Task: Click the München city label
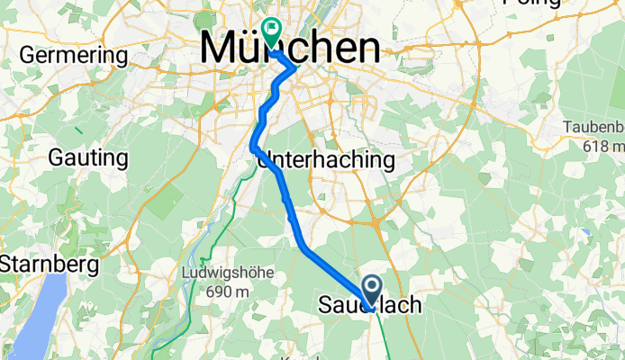(x=289, y=48)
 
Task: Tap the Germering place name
(x=74, y=55)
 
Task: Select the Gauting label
(x=87, y=158)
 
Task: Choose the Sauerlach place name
(x=369, y=306)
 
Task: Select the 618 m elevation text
(x=602, y=147)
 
